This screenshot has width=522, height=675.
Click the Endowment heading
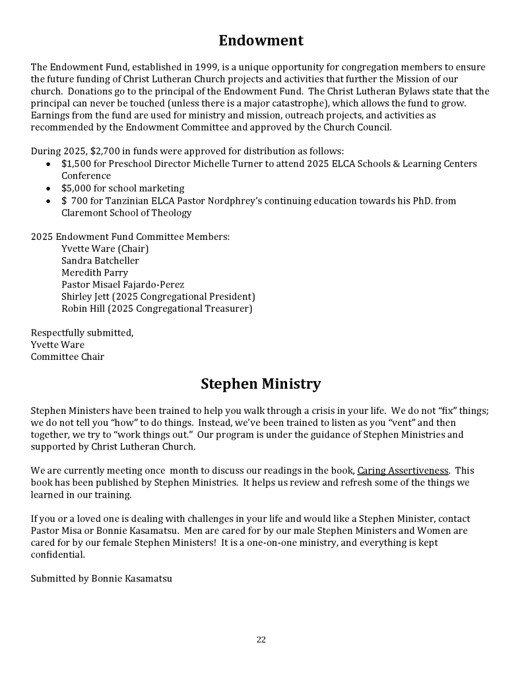coord(261,41)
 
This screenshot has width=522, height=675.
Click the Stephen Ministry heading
coord(261,384)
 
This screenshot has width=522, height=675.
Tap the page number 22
coord(261,639)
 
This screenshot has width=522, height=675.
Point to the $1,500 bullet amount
coord(75,163)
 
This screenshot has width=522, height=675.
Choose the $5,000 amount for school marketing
coord(75,189)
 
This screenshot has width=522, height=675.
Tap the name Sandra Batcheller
coord(100,260)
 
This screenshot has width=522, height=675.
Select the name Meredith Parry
coord(95,273)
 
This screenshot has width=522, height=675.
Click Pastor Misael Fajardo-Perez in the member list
coord(123,285)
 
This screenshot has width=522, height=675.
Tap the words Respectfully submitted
coord(82,333)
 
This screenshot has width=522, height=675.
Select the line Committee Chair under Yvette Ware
coord(67,357)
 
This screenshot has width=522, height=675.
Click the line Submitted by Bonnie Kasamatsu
coord(102,579)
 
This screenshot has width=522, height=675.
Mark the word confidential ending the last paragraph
coord(57,554)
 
